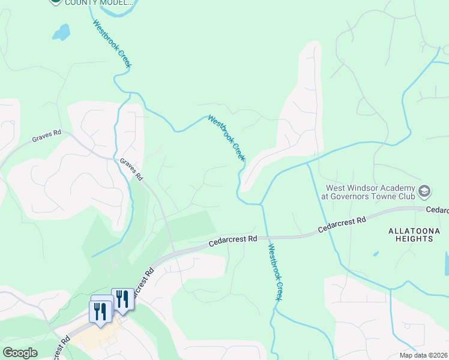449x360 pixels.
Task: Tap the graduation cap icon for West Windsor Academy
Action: click(x=424, y=191)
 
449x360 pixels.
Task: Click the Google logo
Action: click(x=20, y=353)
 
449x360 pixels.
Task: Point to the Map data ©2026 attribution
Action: click(x=423, y=355)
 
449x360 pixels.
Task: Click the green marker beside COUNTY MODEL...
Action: click(x=55, y=2)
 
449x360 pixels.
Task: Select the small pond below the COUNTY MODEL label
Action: click(x=61, y=32)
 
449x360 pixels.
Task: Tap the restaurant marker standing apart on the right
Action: click(x=122, y=299)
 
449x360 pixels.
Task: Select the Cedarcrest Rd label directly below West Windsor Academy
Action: click(x=342, y=226)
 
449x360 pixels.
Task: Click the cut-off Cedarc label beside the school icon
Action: click(x=437, y=210)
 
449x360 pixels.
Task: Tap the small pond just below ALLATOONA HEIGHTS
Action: click(x=376, y=253)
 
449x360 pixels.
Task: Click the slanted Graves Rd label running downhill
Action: click(x=131, y=169)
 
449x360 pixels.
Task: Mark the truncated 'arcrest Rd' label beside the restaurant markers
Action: click(x=142, y=282)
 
